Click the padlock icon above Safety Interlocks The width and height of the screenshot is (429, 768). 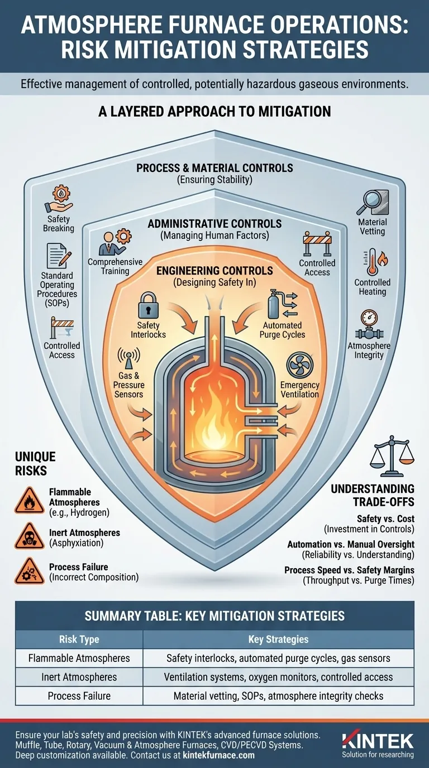(148, 305)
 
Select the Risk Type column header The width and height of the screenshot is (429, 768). (79, 639)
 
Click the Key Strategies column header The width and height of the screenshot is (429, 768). (278, 639)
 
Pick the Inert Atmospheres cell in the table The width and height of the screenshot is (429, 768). (79, 677)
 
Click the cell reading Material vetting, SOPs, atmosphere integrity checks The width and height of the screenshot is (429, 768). (278, 696)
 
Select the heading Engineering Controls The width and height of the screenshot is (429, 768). (214, 271)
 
